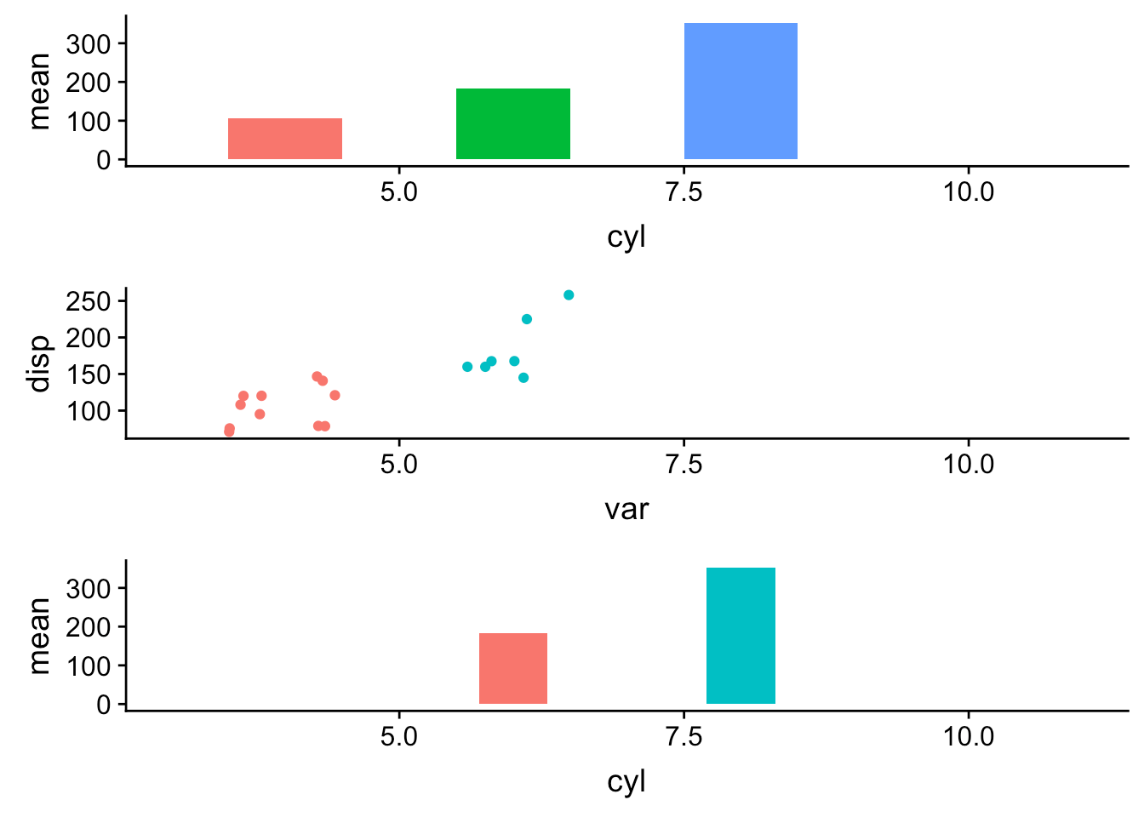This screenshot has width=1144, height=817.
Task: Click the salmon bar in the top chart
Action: pyautogui.click(x=285, y=139)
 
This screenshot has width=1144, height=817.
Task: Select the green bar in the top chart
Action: pyautogui.click(x=513, y=123)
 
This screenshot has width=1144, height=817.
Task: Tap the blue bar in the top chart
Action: pyautogui.click(x=741, y=91)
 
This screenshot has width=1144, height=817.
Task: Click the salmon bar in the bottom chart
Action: pyautogui.click(x=513, y=668)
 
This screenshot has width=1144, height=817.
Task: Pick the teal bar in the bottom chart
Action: pyautogui.click(x=741, y=636)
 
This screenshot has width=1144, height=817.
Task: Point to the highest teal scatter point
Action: pyautogui.click(x=569, y=295)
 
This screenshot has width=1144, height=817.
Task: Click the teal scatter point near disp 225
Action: pyautogui.click(x=527, y=319)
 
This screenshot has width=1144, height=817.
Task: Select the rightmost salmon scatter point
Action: pyautogui.click(x=335, y=395)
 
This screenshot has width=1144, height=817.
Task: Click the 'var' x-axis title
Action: pyautogui.click(x=626, y=510)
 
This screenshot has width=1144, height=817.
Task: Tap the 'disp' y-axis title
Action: pyautogui.click(x=39, y=364)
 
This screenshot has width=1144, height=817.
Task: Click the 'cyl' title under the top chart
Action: pyautogui.click(x=626, y=237)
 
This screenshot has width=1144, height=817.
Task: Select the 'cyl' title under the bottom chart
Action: pyautogui.click(x=626, y=782)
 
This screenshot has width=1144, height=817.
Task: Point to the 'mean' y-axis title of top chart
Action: pyautogui.click(x=39, y=91)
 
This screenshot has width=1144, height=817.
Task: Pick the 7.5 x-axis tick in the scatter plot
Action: pyautogui.click(x=684, y=465)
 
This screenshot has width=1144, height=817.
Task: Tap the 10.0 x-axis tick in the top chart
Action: pyautogui.click(x=968, y=192)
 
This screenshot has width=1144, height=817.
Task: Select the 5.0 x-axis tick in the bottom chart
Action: pyautogui.click(x=398, y=737)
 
